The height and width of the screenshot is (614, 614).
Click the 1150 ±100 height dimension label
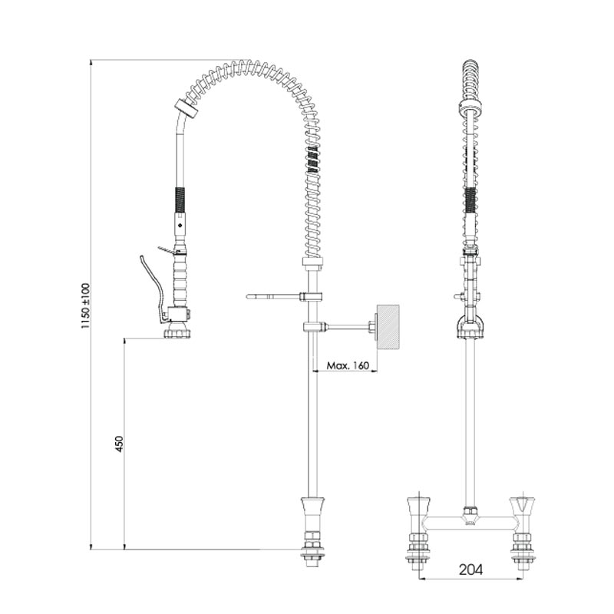click(x=85, y=305)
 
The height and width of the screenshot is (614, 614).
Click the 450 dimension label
click(x=119, y=444)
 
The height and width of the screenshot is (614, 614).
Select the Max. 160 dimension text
click(x=348, y=365)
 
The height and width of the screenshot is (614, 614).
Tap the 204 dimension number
click(x=470, y=569)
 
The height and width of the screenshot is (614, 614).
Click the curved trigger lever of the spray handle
click(x=153, y=288)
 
